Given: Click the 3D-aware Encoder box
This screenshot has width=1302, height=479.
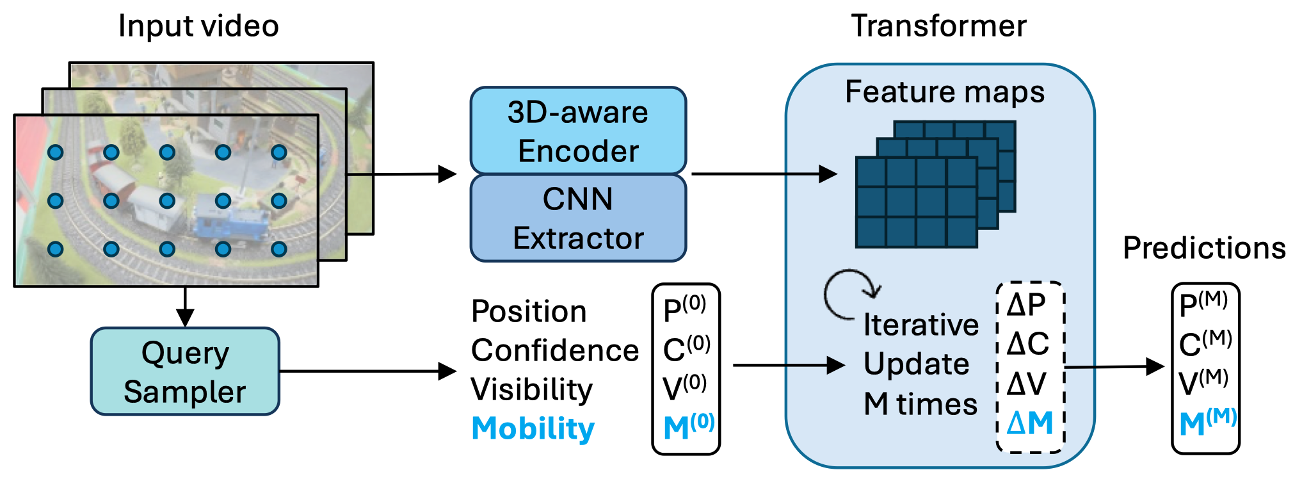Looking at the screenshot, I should [578, 131].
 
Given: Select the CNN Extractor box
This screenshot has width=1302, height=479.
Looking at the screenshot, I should [578, 218].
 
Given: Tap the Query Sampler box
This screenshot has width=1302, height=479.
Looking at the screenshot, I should [185, 371].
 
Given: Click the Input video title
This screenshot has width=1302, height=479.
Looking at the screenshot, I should [198, 26].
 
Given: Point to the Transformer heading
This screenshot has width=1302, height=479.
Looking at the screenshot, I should [938, 26].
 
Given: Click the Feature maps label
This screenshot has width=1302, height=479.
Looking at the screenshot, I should [944, 92].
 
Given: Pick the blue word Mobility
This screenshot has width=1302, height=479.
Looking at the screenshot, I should [533, 428].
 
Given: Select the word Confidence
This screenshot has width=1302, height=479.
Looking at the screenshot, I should [554, 350].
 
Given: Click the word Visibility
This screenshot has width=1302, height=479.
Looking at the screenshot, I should [531, 389].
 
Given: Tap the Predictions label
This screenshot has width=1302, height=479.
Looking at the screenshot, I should [1204, 248].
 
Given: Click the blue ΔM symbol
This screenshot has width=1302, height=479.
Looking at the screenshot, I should [1029, 423].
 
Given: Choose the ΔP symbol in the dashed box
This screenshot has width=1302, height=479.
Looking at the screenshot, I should [1026, 305].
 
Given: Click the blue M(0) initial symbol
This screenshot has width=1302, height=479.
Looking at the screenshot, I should [687, 426].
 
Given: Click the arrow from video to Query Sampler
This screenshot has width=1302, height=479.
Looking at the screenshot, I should [185, 307].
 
